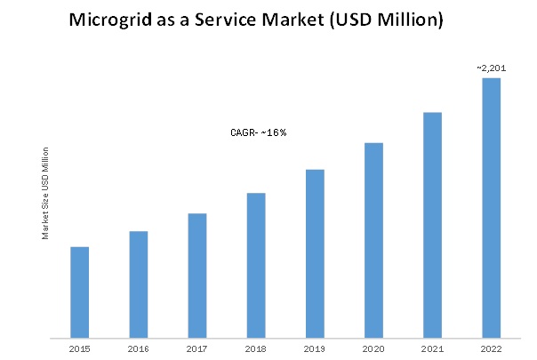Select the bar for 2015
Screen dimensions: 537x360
tap(79, 292)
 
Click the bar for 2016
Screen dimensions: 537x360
tap(139, 284)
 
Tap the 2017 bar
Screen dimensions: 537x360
tap(197, 276)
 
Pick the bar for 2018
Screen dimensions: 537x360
tap(256, 266)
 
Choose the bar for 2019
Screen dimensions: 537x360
tap(315, 254)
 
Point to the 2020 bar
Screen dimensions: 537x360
tap(373, 241)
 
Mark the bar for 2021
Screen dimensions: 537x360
tap(433, 225)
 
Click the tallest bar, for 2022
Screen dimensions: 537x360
tap(492, 208)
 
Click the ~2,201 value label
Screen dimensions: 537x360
tap(492, 68)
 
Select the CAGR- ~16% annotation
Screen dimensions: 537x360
tap(259, 132)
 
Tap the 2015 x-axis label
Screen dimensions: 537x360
tap(79, 349)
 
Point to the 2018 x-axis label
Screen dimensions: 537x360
tap(256, 349)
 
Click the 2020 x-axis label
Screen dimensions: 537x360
tap(373, 349)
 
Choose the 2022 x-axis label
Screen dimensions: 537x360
tap(491, 349)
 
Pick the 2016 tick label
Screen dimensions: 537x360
tap(139, 349)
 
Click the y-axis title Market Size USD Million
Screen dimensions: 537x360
tap(45, 193)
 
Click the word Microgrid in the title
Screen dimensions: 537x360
tap(110, 20)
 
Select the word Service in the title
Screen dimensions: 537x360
tap(226, 20)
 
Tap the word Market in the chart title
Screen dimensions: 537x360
tap(293, 20)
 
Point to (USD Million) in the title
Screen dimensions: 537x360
tap(387, 20)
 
